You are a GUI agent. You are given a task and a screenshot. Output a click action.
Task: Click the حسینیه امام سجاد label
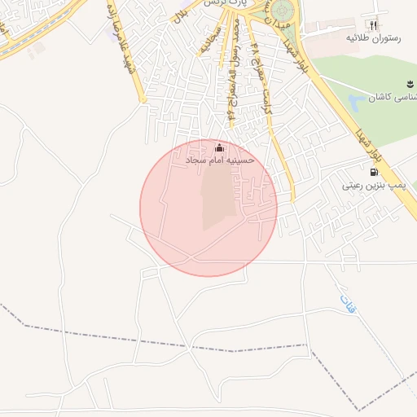click(x=220, y=160)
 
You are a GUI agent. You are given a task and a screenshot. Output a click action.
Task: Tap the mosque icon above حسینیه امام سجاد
click(x=219, y=148)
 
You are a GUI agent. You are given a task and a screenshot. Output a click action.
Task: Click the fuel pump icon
click(x=374, y=172)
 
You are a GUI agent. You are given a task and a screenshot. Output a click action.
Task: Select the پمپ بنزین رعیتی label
click(x=374, y=187)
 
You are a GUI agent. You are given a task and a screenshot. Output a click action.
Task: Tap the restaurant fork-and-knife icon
click(x=374, y=25)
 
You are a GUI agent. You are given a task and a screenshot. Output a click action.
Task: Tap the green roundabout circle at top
click(x=284, y=11)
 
